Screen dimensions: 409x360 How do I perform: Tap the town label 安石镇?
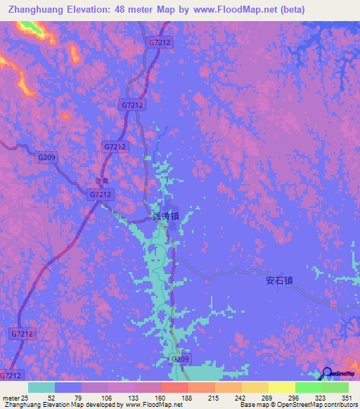tap(278, 280)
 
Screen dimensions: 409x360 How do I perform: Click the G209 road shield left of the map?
tap(46, 157)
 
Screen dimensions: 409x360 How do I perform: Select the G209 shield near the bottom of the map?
tap(181, 359)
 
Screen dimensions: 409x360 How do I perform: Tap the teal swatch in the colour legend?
tap(41, 387)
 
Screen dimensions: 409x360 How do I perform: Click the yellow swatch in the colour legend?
tap(281, 387)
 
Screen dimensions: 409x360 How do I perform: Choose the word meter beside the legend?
tap(9, 397)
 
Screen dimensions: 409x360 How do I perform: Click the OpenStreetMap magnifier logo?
tap(326, 374)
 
